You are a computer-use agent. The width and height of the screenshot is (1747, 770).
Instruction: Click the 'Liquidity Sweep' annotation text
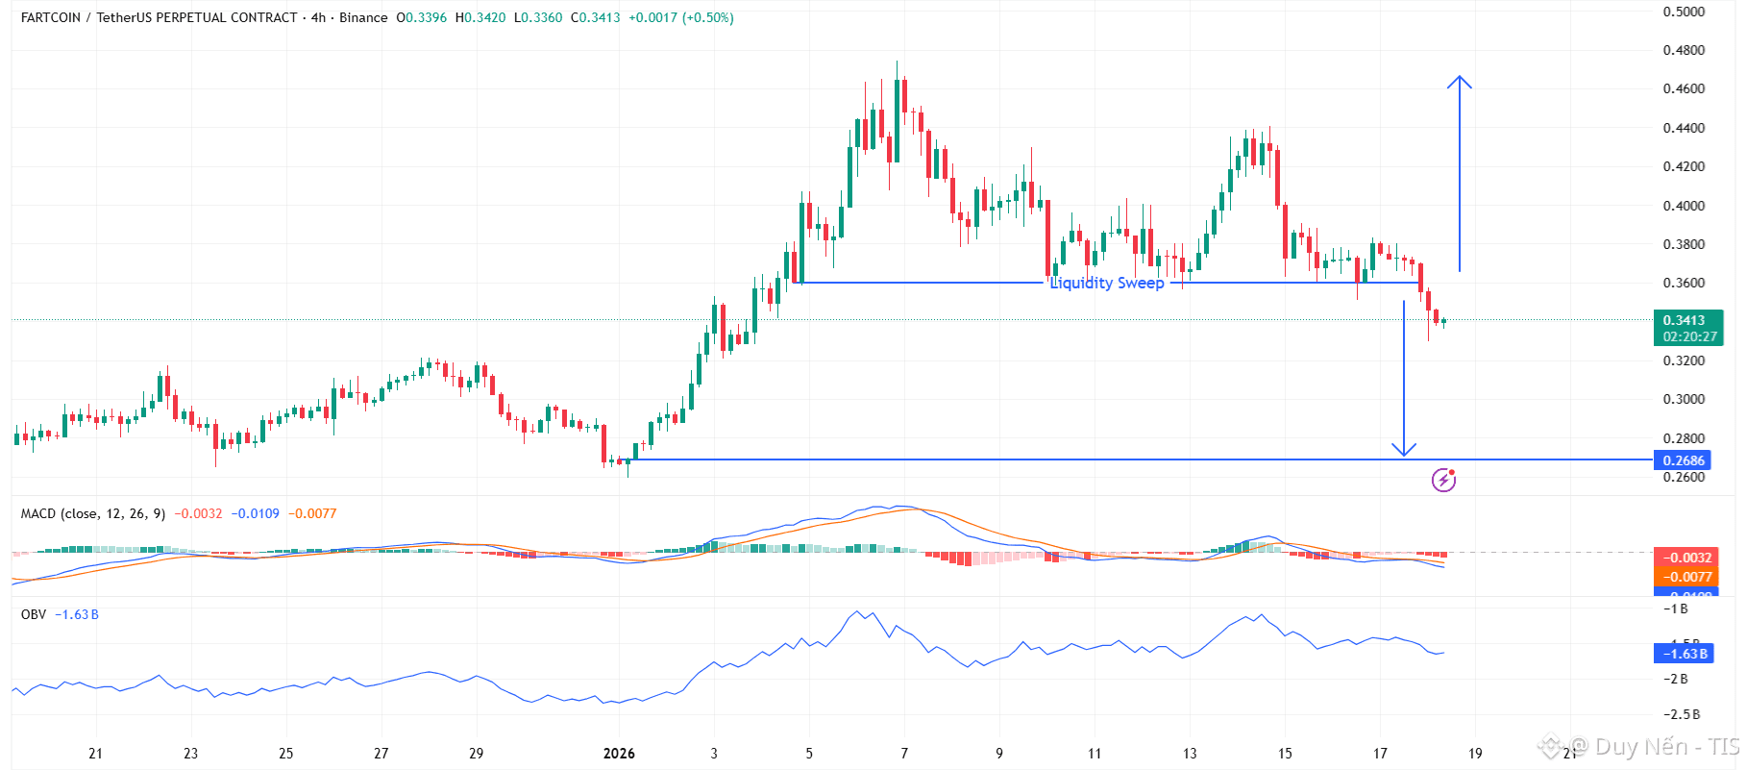1106,283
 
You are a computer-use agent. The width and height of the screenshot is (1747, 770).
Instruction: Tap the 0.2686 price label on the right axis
1684,460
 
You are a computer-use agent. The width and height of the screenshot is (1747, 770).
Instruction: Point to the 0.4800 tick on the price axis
1684,50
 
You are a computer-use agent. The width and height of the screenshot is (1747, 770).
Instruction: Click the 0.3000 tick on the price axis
1684,399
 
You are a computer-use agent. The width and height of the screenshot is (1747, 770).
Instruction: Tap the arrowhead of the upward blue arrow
1460,80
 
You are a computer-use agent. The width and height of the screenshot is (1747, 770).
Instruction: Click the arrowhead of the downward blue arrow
1404,450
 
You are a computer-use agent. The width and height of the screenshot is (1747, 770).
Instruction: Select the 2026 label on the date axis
619,754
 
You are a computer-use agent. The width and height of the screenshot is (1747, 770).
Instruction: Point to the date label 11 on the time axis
1094,754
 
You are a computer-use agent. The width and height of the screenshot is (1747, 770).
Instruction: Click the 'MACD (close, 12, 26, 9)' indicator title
92,513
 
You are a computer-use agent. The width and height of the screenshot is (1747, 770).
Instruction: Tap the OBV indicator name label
34,614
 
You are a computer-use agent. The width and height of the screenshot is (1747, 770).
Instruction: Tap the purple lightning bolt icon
1443,479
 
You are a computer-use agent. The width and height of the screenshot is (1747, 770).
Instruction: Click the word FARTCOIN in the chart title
51,17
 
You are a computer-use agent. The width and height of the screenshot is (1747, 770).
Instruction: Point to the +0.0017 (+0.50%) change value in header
680,17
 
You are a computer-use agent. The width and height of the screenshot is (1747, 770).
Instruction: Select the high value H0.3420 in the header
480,17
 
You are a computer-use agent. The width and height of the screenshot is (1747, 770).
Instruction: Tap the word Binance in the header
363,17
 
